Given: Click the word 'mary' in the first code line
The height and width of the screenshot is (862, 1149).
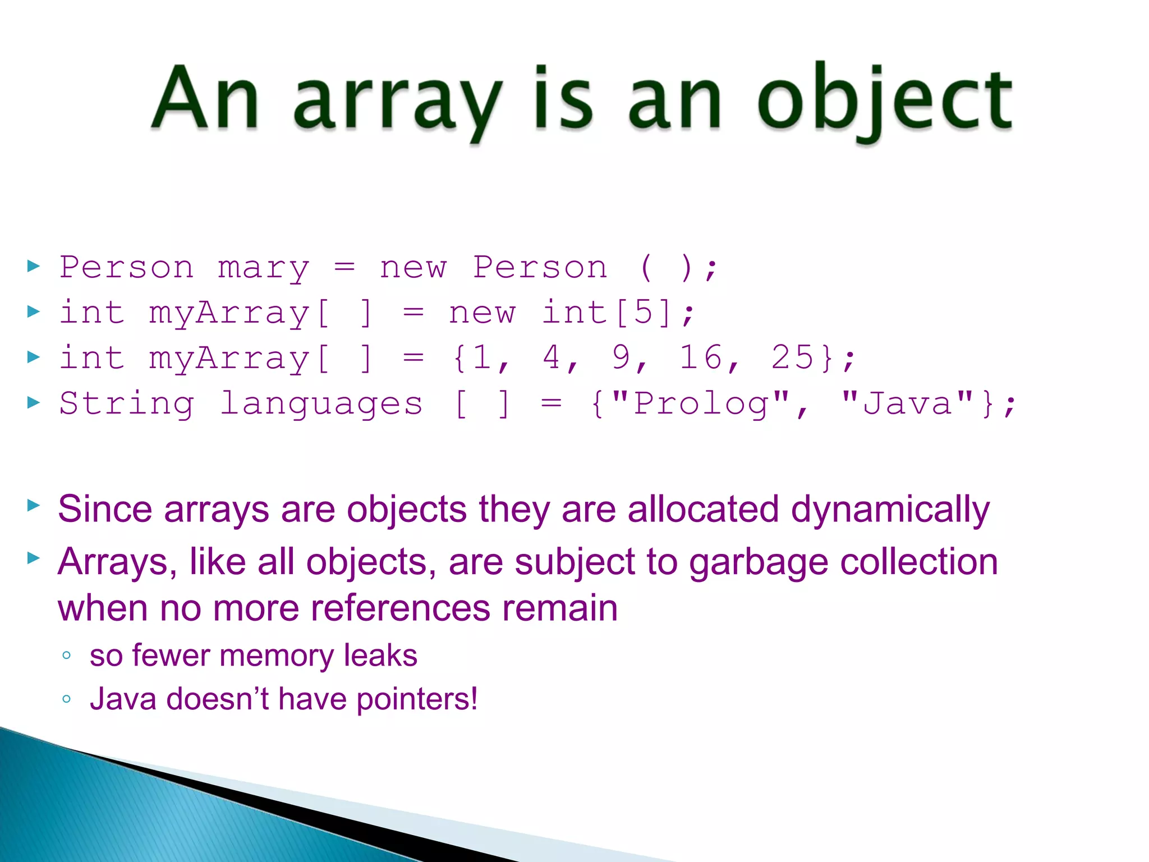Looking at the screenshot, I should coord(264,268).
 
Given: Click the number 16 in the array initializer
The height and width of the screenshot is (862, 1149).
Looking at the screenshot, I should coord(701,357).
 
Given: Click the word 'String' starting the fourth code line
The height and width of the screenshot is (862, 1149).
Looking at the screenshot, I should coord(127,404).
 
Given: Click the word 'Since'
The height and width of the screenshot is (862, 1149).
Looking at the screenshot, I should coord(105,509).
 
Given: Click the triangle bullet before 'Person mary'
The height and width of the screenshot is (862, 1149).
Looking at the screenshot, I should coord(34,266).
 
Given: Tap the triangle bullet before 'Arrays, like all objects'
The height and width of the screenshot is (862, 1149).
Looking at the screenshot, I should coord(34,558).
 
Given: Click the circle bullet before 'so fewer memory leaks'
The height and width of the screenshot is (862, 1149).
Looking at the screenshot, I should coord(67,655).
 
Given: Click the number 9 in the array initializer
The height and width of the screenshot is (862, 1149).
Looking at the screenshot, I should coord(621,357).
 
